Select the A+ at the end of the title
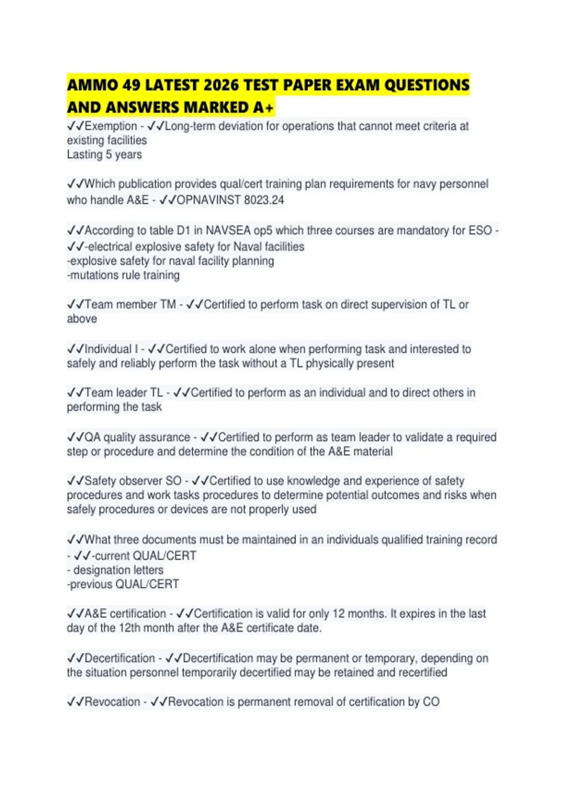[263, 108]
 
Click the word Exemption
[111, 126]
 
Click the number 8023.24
[264, 200]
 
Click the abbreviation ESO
[480, 231]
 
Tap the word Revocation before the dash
[112, 702]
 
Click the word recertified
[419, 672]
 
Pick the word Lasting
[85, 154]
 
